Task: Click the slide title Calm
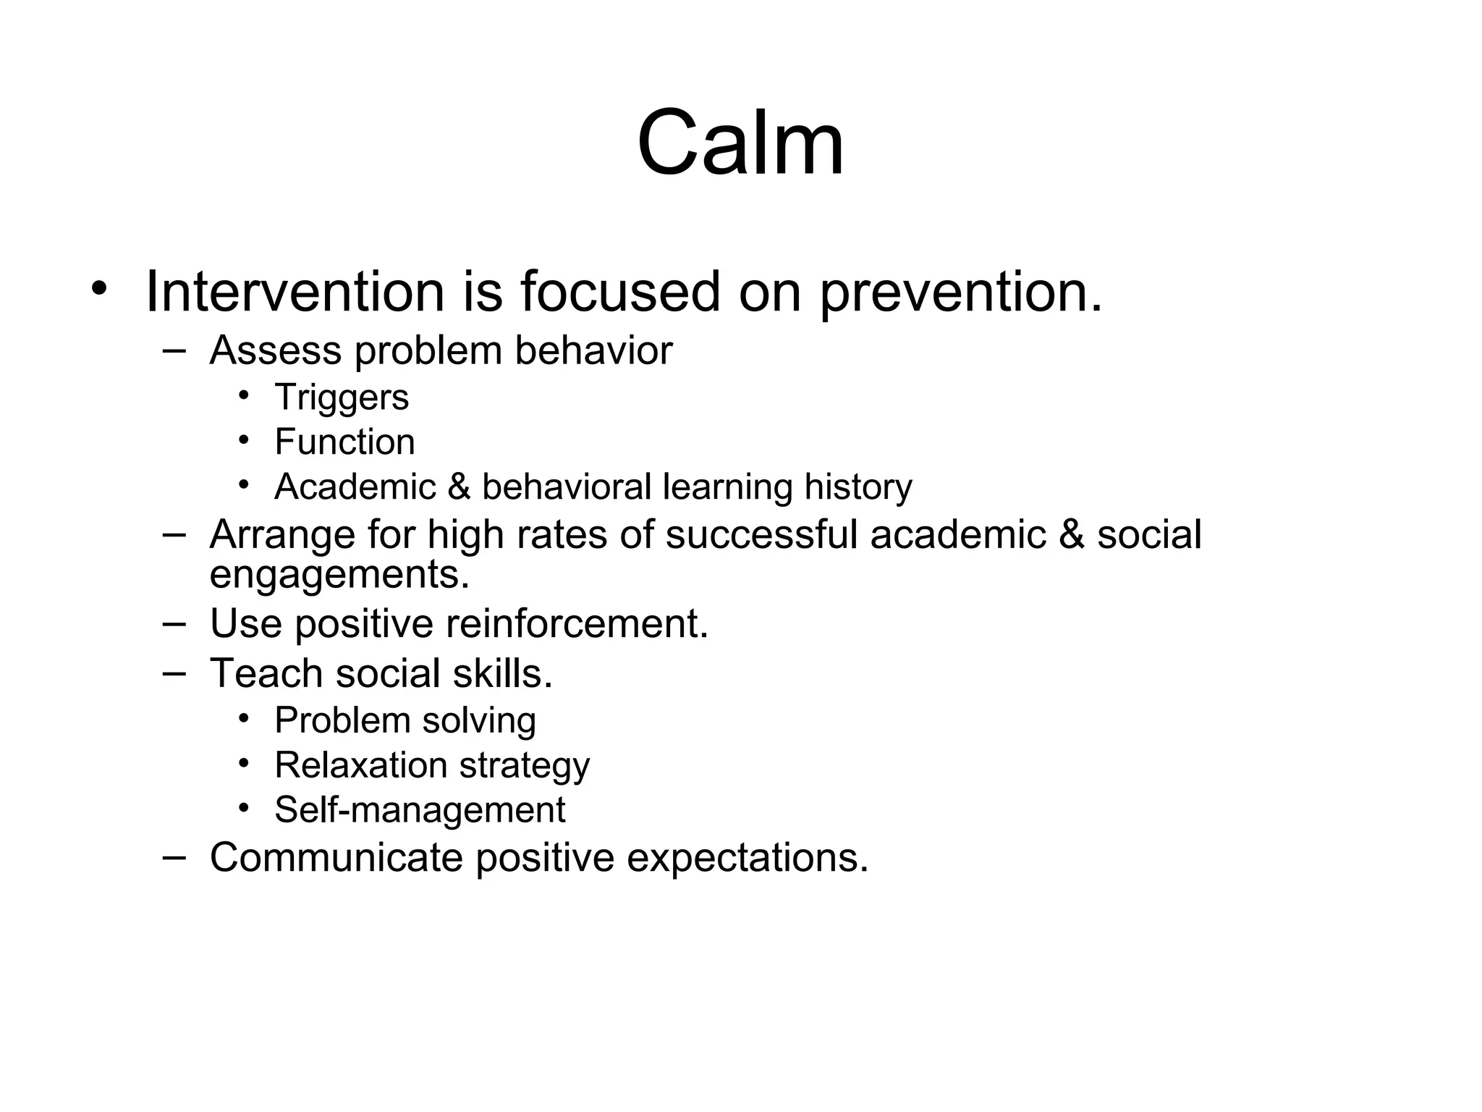740,143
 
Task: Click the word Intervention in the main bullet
295,292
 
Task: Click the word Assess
276,351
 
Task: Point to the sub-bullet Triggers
342,397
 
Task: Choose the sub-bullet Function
344,442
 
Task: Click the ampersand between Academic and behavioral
459,486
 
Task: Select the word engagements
339,575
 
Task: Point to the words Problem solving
405,721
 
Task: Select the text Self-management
420,810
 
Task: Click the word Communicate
336,858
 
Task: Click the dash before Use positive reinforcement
174,623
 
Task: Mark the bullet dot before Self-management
245,808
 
